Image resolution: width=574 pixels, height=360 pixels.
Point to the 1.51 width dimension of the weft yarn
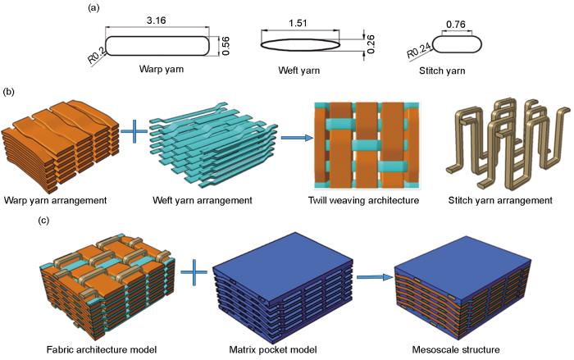[302, 22]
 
